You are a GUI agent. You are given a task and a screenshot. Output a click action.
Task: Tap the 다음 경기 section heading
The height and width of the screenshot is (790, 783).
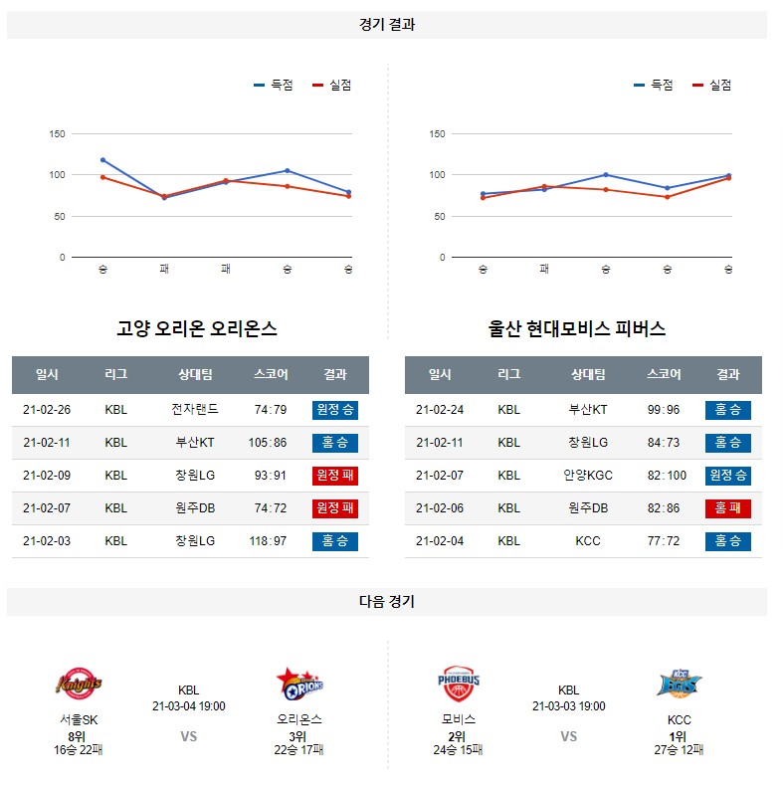coord(387,601)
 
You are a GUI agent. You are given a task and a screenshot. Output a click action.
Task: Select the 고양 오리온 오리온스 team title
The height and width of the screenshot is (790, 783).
coord(197,328)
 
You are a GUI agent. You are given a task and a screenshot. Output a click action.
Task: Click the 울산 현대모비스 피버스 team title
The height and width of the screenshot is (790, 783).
coord(577,328)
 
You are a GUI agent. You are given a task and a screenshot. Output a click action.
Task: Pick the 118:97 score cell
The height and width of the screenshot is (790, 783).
coord(269,541)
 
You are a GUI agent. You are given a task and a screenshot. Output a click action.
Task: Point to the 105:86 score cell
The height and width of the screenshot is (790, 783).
coord(269,442)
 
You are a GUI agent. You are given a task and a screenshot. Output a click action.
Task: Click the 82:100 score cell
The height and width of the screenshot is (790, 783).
coord(666,476)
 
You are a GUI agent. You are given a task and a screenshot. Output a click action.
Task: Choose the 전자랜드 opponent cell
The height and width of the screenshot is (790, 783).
coord(194,409)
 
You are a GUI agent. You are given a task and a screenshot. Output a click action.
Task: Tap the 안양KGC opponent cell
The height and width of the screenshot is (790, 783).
coord(588,476)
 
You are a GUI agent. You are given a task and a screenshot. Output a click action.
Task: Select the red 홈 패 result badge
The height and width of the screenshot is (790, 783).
coord(728,508)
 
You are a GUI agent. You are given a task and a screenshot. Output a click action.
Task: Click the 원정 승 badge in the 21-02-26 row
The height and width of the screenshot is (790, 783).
coord(335,409)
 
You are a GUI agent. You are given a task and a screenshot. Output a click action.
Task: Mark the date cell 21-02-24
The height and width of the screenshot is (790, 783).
coord(440,409)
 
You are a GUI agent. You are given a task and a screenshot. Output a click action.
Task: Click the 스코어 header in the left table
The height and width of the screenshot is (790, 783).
coord(271,375)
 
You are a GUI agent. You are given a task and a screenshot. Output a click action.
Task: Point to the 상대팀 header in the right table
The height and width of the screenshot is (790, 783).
coord(588,375)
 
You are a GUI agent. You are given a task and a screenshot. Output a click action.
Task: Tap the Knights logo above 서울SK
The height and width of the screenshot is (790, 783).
coord(79,684)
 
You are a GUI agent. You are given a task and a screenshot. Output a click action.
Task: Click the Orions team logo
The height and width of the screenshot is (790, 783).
coord(299,684)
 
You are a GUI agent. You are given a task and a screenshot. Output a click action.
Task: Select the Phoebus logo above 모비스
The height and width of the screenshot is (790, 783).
coord(459,684)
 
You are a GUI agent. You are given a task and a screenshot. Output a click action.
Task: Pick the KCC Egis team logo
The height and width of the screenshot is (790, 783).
coord(680,684)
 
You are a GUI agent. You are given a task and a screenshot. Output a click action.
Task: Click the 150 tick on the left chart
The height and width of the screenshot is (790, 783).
coord(58,134)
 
